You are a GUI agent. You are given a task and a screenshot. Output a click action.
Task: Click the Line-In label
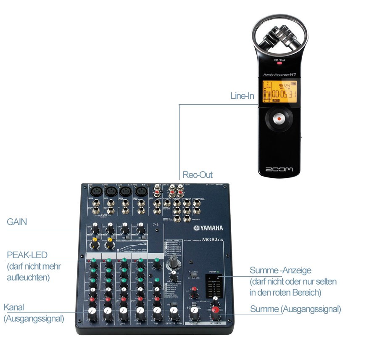tap(242, 96)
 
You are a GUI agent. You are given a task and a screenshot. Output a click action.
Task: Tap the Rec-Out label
tap(198, 175)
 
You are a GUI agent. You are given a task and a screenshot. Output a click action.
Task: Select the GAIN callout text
tap(17, 222)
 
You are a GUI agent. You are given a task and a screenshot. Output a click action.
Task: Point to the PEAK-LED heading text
tap(27, 255)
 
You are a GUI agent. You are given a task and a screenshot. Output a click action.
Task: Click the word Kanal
tap(14, 307)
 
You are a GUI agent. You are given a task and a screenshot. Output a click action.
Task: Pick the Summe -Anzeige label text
tap(280, 270)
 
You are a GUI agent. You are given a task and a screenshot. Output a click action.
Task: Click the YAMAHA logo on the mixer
tap(208, 228)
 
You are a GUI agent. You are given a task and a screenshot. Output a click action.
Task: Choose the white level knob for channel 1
tap(92, 312)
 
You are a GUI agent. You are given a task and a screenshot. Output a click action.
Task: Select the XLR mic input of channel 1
tap(97, 191)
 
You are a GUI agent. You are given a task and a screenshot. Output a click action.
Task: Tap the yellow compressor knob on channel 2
tap(110, 241)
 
